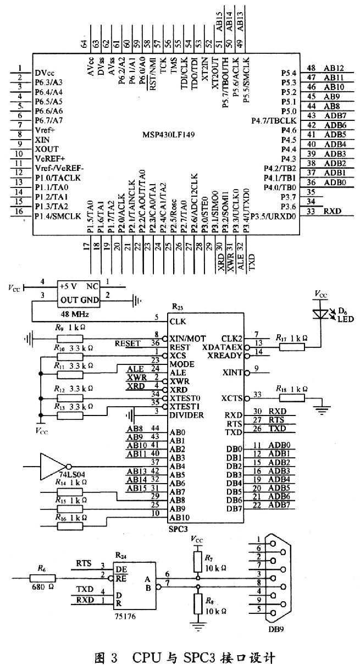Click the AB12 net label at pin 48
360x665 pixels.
tap(334, 68)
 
